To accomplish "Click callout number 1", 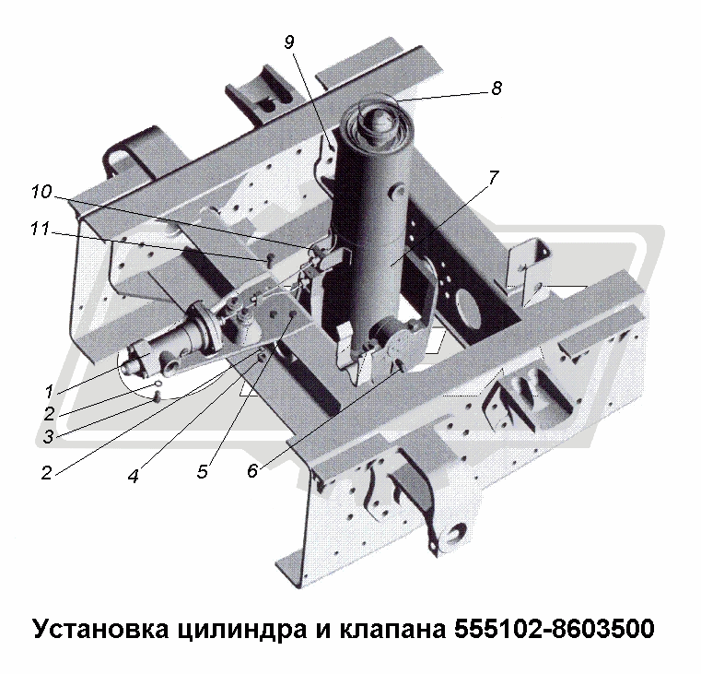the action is pos(49,392).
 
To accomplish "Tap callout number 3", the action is pos(48,436).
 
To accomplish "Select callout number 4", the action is pos(133,476).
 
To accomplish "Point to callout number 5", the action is pos(202,471).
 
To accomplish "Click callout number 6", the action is pos(252,470).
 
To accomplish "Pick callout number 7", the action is pos(493,178).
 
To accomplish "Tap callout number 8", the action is pos(497,89).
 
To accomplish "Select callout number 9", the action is pos(289,42).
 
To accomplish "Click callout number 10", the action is pos(41,192).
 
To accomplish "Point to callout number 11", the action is pos(41,230).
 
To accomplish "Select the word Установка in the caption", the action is pos(100,628).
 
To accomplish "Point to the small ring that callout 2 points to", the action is pos(158,384).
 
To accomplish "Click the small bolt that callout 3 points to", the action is pos(157,396).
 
